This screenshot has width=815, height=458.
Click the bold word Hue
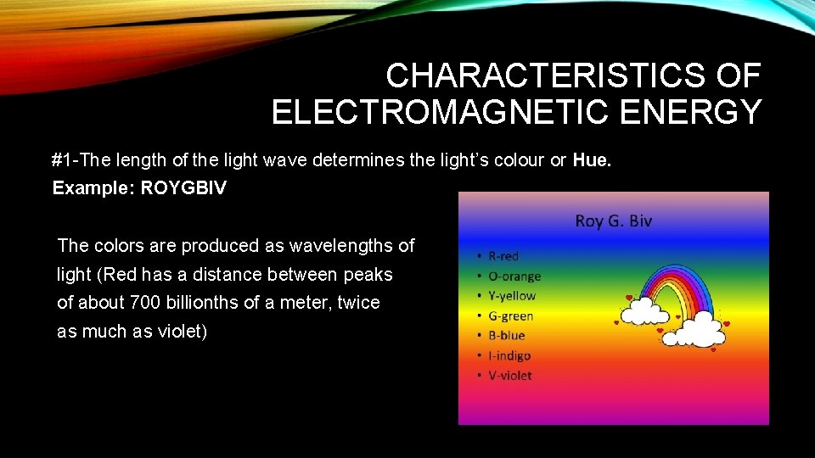point(590,159)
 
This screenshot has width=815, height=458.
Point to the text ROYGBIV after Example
point(183,188)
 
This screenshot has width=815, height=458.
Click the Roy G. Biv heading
point(613,221)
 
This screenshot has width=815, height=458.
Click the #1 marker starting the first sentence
point(60,159)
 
